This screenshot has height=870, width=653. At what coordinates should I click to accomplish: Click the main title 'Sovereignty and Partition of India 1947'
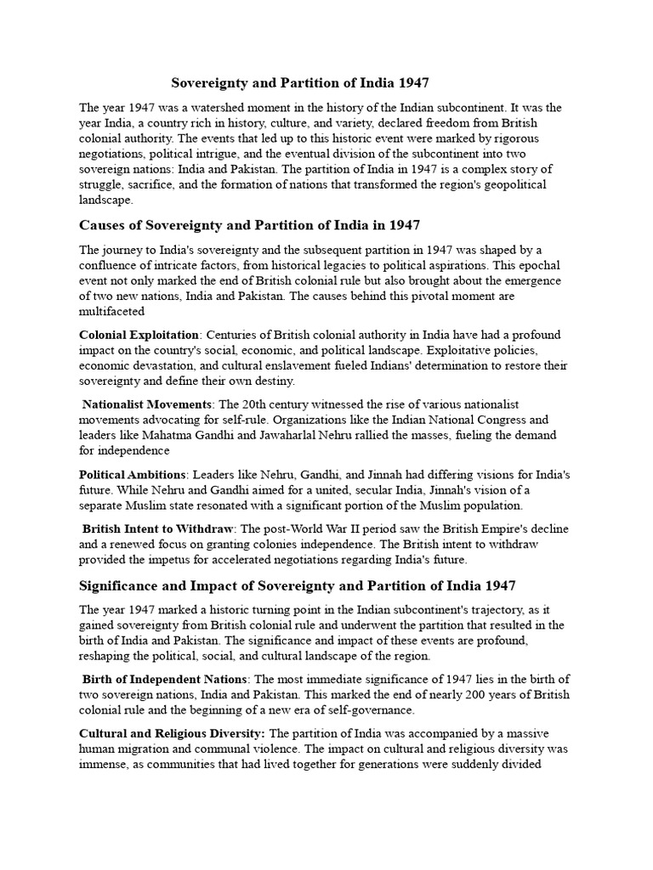tap(300, 82)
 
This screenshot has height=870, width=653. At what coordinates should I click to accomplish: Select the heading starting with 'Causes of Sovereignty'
tap(249, 224)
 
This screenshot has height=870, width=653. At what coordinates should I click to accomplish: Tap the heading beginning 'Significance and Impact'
tap(297, 585)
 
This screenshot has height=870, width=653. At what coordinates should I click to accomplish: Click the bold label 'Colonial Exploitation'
tap(139, 335)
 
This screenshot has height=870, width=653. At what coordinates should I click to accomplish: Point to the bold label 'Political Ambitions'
tap(133, 474)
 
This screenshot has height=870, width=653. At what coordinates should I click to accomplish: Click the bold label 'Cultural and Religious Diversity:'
tap(173, 732)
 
